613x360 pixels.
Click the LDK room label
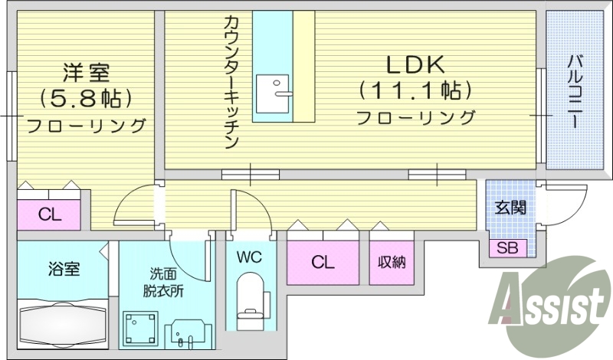coord(414,64)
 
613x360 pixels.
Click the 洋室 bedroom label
coord(86,74)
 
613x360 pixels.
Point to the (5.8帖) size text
coord(86,98)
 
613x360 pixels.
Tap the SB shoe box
coord(506,247)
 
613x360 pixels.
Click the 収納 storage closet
coord(391,262)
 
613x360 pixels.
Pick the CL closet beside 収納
coord(323,262)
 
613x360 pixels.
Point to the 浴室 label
coord(63,270)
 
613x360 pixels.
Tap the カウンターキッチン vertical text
coord(233,80)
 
